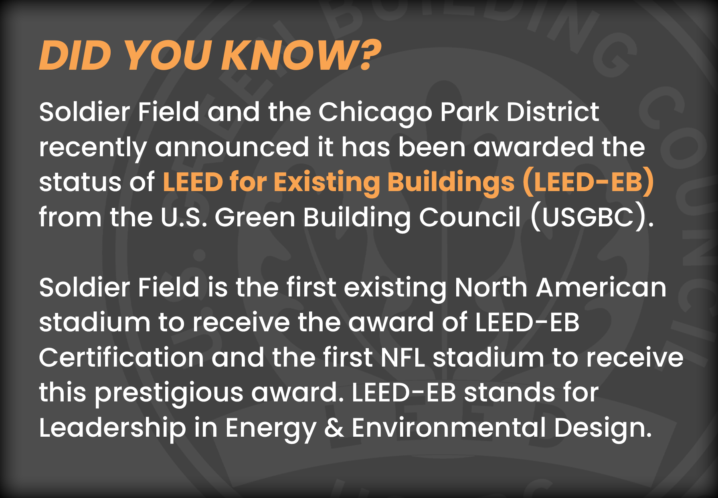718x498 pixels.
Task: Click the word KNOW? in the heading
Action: tap(301, 55)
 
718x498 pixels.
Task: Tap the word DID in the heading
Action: tap(75, 55)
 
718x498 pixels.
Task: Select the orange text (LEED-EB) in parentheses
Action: tap(589, 183)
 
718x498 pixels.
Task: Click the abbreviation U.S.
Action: tap(184, 218)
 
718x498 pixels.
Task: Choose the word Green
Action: tap(255, 218)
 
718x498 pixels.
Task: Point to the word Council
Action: tap(470, 218)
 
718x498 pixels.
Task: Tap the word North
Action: tap(491, 288)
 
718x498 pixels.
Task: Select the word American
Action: tap(601, 288)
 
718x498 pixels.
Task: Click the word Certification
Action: tap(121, 357)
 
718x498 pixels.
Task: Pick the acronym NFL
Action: tap(402, 357)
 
